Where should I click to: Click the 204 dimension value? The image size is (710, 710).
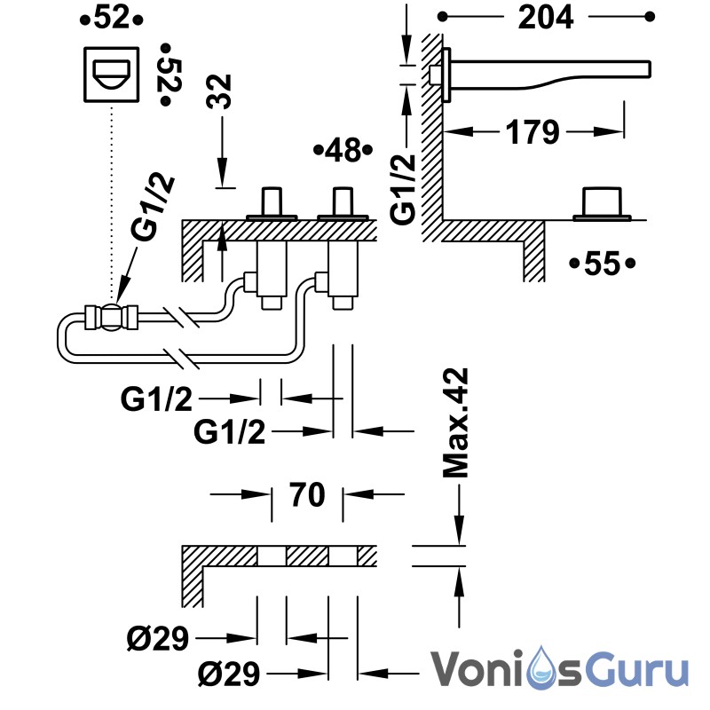click(x=546, y=18)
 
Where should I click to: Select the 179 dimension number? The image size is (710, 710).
click(x=532, y=132)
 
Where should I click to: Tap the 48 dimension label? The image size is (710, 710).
click(x=343, y=150)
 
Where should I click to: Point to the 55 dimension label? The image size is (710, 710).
click(x=603, y=263)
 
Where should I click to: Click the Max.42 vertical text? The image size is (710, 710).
click(x=455, y=423)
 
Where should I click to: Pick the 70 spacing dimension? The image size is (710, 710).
click(x=307, y=494)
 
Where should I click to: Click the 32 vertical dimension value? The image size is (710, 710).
click(x=218, y=92)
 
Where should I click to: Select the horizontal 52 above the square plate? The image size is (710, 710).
click(x=112, y=19)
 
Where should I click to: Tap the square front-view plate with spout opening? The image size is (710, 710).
click(x=112, y=75)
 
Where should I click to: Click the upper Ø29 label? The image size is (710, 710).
click(x=157, y=638)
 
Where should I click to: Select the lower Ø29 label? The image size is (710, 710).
click(x=229, y=674)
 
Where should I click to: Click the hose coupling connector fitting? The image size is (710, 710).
click(x=112, y=317)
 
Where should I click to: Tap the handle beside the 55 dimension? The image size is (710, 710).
click(x=602, y=204)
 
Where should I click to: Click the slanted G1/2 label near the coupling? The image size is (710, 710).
click(x=152, y=208)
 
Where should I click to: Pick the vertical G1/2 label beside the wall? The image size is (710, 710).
click(x=403, y=189)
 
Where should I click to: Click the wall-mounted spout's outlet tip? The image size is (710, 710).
click(x=649, y=69)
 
